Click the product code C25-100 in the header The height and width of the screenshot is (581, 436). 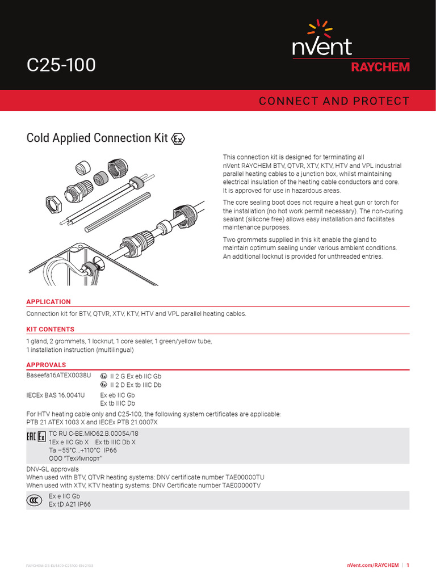point(61,66)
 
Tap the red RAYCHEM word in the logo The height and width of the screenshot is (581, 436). point(380,67)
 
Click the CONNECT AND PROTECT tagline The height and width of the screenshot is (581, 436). point(334,101)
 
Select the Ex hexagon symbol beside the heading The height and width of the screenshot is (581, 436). point(178,139)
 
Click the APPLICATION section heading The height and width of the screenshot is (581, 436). point(49,302)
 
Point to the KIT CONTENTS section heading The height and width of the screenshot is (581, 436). point(50,329)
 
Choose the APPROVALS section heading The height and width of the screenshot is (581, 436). point(46,365)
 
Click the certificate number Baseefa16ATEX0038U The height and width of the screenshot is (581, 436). point(58,376)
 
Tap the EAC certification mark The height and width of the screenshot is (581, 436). point(31,437)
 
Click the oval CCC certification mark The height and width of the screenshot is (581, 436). point(34,500)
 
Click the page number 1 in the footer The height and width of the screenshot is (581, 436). point(408,565)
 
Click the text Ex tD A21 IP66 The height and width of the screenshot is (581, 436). point(70,504)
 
